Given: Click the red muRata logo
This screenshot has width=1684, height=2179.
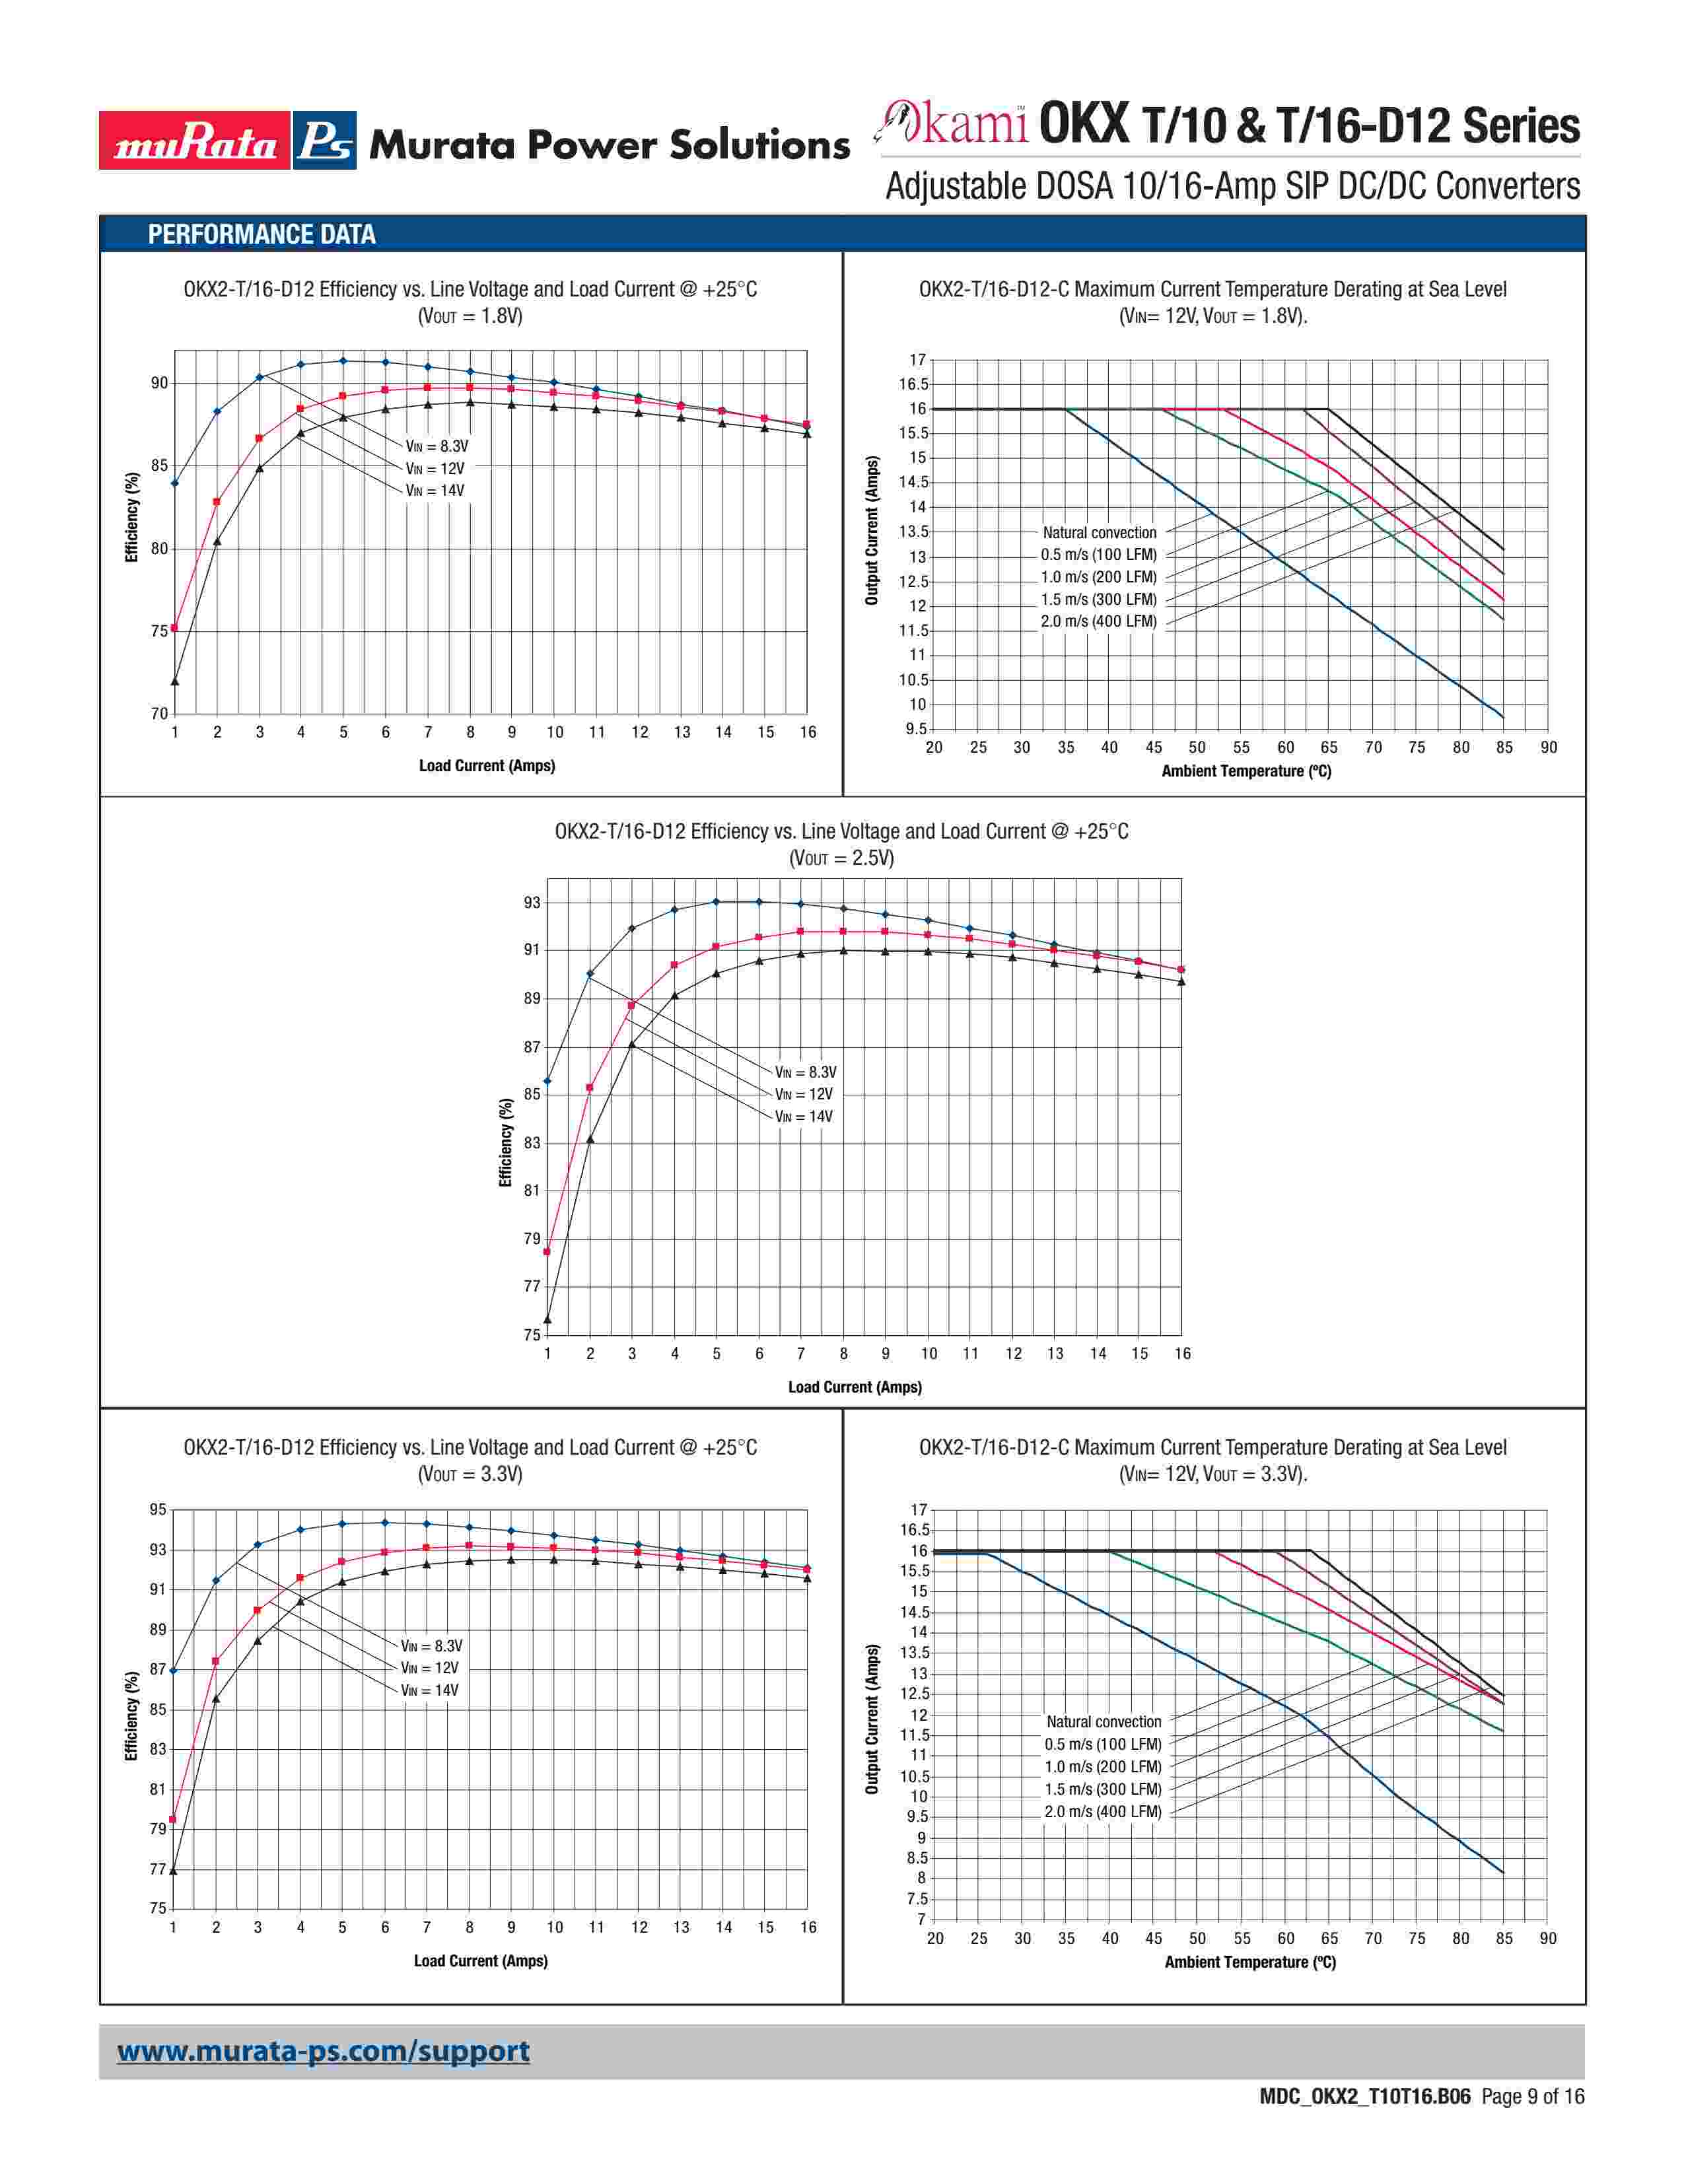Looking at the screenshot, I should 195,141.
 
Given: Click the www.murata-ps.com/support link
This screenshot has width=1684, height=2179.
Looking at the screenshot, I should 323,2052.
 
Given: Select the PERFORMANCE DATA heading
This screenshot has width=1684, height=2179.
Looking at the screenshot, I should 262,234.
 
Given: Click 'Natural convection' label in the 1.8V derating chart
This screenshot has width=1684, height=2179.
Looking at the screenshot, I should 1100,533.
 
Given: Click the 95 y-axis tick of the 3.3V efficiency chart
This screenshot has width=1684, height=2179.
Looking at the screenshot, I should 158,1509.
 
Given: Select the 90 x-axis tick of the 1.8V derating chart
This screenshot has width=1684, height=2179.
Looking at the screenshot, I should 1547,747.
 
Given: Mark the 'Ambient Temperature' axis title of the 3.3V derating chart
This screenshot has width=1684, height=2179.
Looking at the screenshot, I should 1250,1962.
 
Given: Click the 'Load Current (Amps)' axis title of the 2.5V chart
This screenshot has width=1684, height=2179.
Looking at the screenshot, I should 855,1387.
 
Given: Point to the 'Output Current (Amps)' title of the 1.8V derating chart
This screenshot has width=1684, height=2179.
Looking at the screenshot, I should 872,531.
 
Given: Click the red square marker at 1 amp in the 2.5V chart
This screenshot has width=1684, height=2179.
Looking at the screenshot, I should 547,1251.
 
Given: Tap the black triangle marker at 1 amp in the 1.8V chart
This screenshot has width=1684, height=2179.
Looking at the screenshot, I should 174,681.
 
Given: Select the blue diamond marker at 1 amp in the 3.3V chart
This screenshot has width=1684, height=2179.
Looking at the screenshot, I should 174,1670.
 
